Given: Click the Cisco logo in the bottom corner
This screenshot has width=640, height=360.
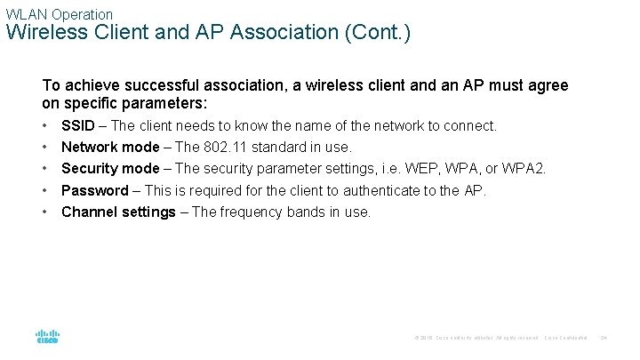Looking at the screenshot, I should (x=47, y=337).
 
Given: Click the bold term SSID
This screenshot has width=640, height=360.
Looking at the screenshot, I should (x=76, y=126).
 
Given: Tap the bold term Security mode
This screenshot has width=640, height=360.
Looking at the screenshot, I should (x=110, y=169).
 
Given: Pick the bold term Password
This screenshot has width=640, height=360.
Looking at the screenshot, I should (x=94, y=190).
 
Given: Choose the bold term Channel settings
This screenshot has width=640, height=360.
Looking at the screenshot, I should (x=118, y=212).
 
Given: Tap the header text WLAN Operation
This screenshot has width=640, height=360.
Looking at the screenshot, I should (x=60, y=14).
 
